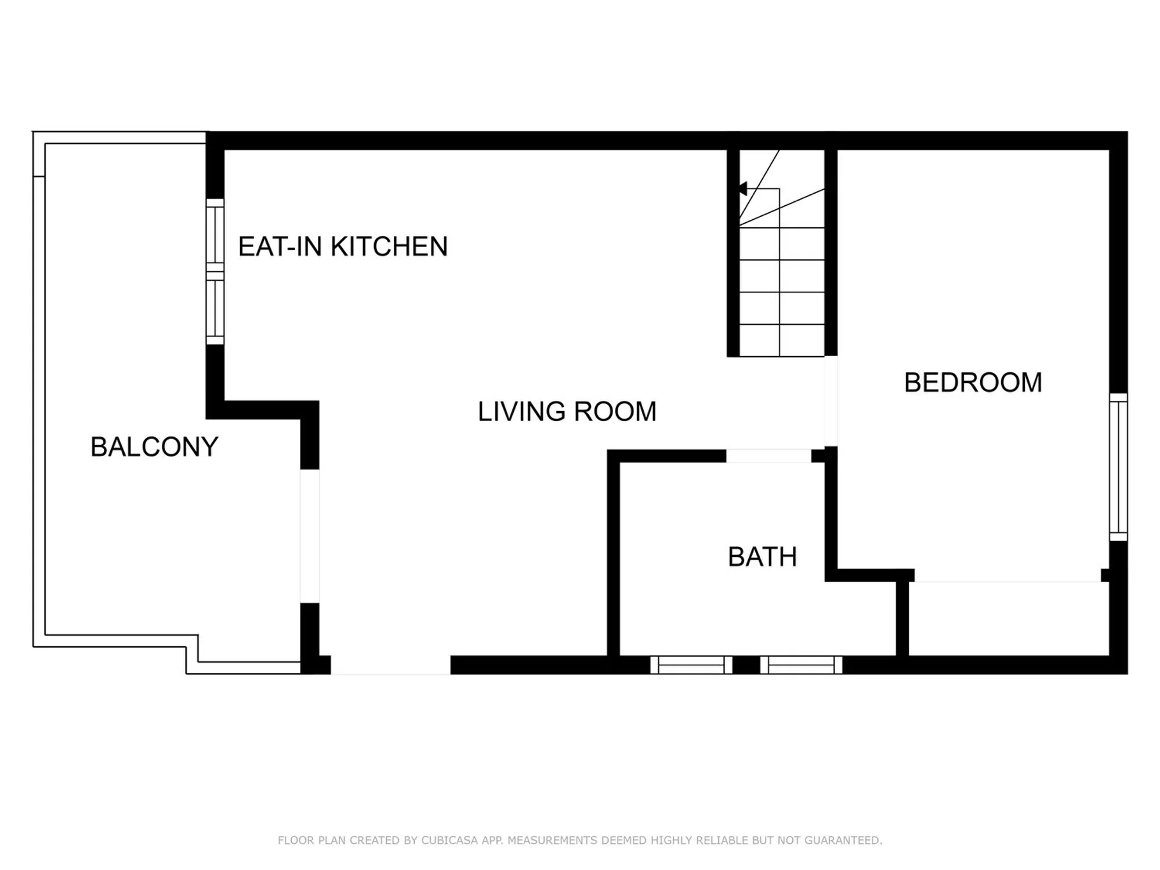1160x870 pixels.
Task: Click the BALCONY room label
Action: pos(154,447)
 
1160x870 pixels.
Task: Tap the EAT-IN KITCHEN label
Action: pos(343,246)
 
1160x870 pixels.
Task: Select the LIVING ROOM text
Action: pos(567,412)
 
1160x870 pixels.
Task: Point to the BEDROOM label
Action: pos(973,383)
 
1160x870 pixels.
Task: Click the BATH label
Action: pos(762,557)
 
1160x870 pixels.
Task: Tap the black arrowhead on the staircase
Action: pos(743,188)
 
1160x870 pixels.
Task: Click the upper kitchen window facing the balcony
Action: pos(215,235)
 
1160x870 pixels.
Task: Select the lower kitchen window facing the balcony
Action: pos(215,309)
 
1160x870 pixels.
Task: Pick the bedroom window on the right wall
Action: pos(1119,467)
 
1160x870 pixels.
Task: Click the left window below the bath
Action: pos(691,665)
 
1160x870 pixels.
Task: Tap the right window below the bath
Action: pos(801,665)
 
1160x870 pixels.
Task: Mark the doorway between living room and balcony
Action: pos(310,536)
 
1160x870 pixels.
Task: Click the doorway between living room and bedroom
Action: pos(831,401)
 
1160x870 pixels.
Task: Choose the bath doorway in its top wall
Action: pos(768,456)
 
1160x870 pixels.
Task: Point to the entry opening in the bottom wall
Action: pos(391,665)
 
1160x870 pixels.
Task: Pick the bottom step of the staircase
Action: pos(782,340)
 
